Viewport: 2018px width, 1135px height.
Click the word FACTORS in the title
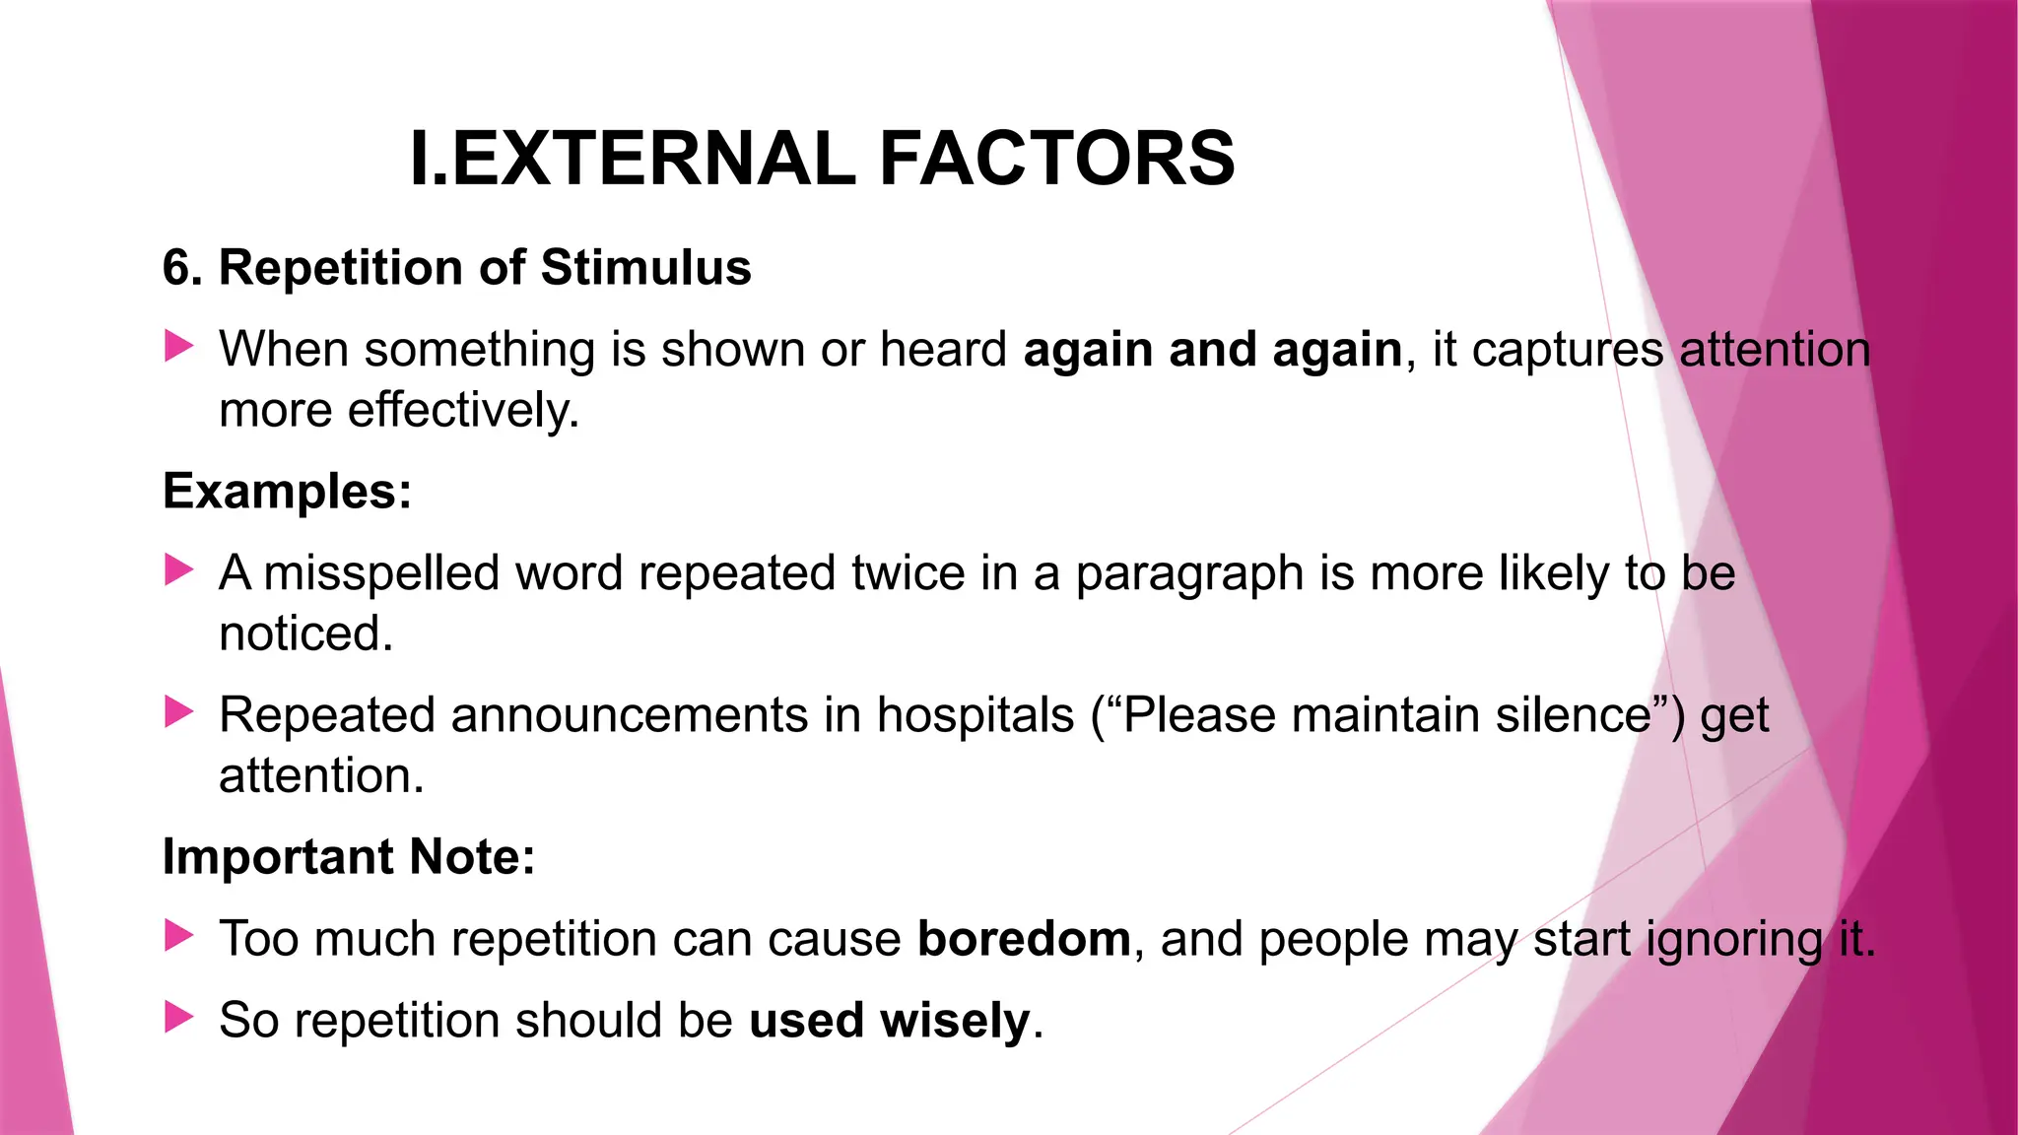tap(1056, 159)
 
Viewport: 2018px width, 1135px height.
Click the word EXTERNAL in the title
tap(653, 159)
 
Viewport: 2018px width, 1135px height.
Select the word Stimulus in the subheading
tap(645, 268)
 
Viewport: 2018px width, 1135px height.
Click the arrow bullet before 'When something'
tap(178, 346)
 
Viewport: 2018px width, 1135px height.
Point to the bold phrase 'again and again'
tap(1213, 350)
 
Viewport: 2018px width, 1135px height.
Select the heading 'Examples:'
tap(287, 491)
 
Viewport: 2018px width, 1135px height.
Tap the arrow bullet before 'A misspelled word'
tap(178, 569)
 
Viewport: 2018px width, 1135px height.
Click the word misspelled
tap(381, 572)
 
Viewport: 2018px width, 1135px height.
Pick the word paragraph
tap(1189, 574)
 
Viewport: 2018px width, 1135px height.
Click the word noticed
tap(305, 634)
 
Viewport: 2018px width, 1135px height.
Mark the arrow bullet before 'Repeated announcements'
tap(178, 711)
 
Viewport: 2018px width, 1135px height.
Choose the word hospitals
tap(975, 714)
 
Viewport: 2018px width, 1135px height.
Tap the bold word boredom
tap(1024, 938)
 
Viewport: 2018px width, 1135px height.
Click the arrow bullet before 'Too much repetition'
tap(178, 935)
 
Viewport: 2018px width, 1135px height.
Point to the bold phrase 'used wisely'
tap(890, 1020)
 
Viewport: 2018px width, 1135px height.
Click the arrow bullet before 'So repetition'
tap(178, 1017)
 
